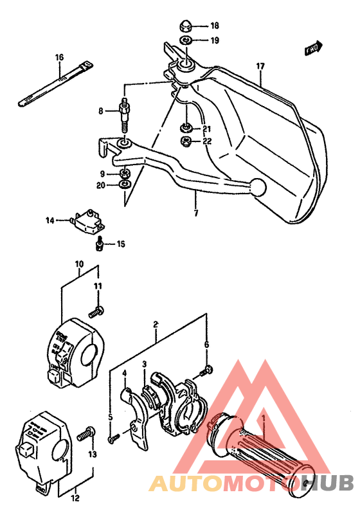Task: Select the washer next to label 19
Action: click(x=184, y=41)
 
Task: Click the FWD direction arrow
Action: click(x=313, y=48)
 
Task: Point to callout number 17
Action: click(x=260, y=66)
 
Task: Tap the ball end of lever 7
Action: click(x=257, y=186)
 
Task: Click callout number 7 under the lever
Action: click(x=195, y=212)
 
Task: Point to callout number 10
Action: click(x=79, y=264)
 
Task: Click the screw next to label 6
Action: click(x=207, y=370)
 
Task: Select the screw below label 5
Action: click(x=113, y=439)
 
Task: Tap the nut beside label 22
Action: click(x=186, y=141)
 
